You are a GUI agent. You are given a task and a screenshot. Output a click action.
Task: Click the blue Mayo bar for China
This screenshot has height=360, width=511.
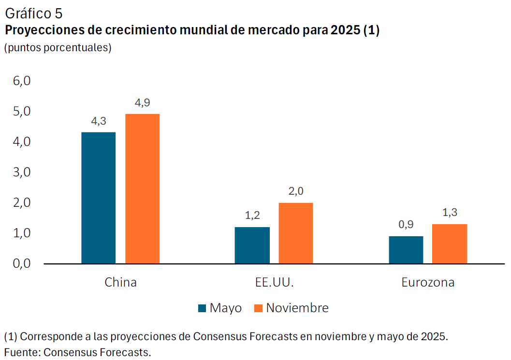[x=98, y=198]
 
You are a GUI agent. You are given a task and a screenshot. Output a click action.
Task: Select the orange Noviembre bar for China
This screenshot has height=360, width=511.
[x=142, y=188]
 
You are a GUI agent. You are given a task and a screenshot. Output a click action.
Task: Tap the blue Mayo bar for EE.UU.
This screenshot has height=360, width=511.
[x=252, y=245]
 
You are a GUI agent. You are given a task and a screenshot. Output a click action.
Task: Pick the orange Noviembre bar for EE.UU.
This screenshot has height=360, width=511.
[x=295, y=233]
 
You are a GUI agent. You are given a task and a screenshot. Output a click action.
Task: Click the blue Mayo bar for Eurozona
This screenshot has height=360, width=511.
[x=406, y=250]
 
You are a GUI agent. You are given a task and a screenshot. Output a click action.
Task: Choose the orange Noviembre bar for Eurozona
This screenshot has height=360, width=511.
[x=450, y=244]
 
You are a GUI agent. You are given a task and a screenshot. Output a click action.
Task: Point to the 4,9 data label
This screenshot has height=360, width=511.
[x=143, y=103]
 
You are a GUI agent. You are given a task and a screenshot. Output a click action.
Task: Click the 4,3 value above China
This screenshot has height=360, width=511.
[x=99, y=121]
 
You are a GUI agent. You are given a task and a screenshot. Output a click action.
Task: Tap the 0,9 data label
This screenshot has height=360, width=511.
[x=406, y=225]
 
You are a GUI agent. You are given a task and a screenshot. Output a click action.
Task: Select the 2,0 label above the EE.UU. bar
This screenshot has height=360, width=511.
[x=295, y=191]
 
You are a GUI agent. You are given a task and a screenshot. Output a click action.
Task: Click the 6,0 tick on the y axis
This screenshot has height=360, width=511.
[x=22, y=81]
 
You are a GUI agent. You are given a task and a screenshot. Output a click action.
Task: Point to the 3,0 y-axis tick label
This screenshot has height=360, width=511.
[x=22, y=172]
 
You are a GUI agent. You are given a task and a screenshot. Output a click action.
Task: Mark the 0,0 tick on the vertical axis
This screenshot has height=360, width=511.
[x=22, y=264]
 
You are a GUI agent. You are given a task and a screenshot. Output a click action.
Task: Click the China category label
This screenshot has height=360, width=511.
[x=120, y=282]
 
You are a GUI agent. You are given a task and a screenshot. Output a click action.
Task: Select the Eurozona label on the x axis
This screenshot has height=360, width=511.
[x=428, y=282]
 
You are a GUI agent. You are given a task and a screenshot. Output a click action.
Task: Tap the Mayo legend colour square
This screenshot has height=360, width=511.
[x=203, y=308]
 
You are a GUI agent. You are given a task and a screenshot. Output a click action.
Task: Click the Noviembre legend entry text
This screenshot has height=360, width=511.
[x=297, y=308]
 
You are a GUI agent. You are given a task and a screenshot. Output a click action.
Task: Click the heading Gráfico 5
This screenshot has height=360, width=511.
[x=33, y=14]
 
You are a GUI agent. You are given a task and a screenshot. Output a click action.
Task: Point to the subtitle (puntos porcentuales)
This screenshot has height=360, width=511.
[x=58, y=48]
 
